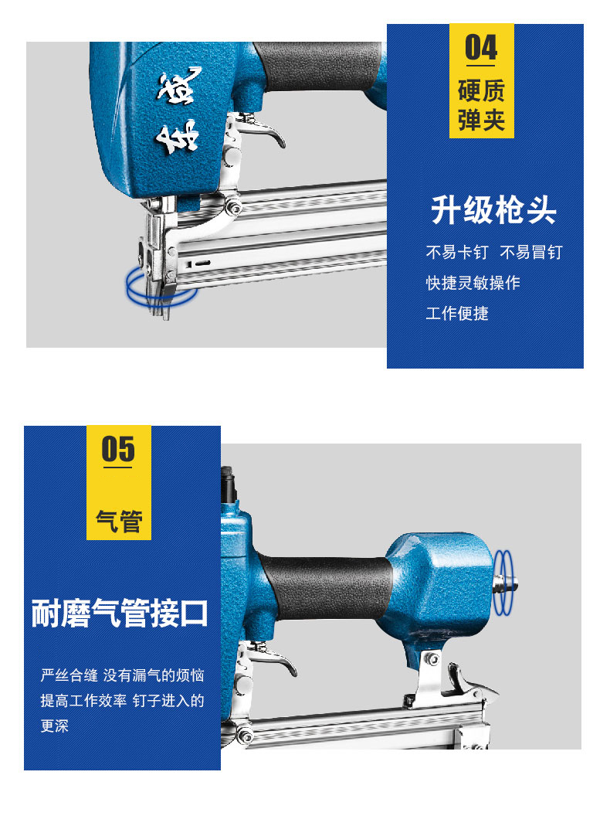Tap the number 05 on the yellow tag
118,449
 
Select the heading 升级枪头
493,210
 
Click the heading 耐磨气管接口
120,613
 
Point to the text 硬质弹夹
481,105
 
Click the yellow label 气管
119,521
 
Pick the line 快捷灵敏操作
473,283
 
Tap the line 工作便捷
457,313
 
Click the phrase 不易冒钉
531,253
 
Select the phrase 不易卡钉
457,253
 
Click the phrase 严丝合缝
69,675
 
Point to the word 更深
55,726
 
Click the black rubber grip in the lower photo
327,588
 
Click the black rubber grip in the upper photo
318,66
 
